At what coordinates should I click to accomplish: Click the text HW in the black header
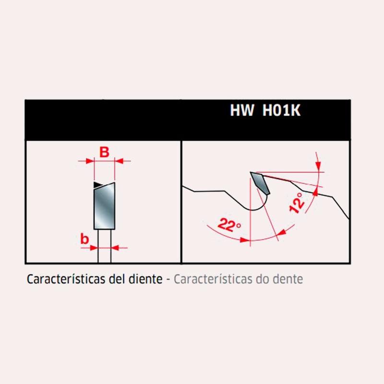[x=242, y=110]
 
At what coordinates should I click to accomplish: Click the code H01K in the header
[x=281, y=110]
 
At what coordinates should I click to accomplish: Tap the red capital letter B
[x=104, y=152]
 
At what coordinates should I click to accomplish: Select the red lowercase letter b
[x=84, y=239]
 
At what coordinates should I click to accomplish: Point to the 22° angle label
[x=229, y=225]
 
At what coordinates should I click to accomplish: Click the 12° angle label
[x=297, y=202]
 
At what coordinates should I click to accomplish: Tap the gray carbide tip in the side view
[x=260, y=183]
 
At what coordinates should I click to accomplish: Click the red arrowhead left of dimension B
[x=90, y=161]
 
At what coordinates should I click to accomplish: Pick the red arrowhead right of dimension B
[x=119, y=161]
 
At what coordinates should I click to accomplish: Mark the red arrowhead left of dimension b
[x=94, y=248]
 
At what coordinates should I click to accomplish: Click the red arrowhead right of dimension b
[x=115, y=248]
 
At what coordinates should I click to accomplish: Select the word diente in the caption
[x=145, y=279]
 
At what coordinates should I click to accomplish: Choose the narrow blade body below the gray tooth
[x=105, y=246]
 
